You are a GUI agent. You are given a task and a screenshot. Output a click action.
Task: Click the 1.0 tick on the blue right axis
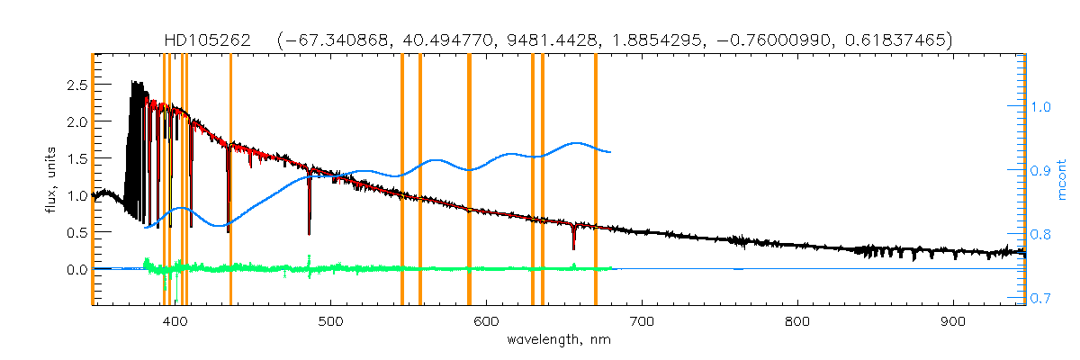point(1041,106)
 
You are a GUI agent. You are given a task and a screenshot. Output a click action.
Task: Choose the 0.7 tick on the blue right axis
point(1041,298)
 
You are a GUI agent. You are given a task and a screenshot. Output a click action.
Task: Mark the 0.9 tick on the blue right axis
point(1041,170)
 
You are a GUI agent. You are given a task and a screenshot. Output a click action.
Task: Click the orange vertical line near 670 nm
point(596,180)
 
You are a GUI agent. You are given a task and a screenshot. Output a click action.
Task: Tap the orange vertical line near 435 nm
point(230,180)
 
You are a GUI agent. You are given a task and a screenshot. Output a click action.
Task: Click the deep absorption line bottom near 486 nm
point(310,233)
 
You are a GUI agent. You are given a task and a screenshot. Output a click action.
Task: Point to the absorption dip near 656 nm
point(573,247)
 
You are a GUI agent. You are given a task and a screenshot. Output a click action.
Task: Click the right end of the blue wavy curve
point(611,151)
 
